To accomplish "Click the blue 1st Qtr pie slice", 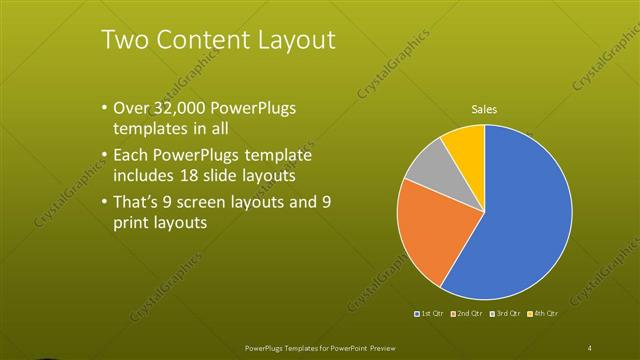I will tap(520, 215).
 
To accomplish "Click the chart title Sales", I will tap(484, 110).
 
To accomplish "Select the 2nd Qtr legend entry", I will tap(468, 314).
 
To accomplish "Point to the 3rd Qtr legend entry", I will tap(504, 314).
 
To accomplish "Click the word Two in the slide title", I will tap(125, 40).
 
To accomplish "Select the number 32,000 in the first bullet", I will tap(184, 108).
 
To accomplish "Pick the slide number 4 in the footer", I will tap(590, 347).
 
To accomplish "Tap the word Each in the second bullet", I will tap(133, 156).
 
